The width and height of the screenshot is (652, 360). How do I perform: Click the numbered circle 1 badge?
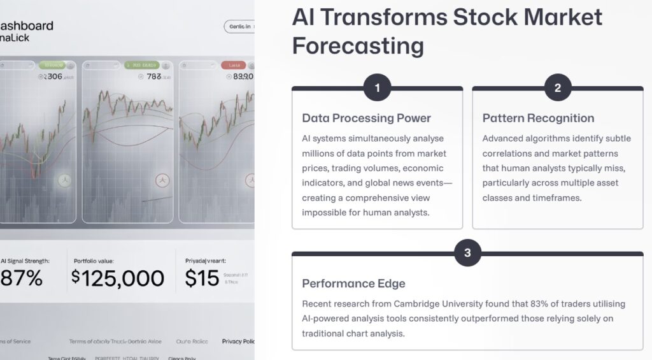(x=377, y=88)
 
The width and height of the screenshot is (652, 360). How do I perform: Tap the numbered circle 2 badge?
(x=558, y=88)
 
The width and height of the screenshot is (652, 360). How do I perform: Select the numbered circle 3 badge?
(x=467, y=253)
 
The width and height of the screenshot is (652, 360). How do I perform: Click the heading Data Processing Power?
(x=366, y=118)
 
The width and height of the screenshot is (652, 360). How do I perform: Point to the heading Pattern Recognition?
(x=538, y=118)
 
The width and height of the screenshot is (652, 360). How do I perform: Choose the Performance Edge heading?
(x=353, y=284)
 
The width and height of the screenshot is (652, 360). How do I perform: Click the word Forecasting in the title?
(x=358, y=46)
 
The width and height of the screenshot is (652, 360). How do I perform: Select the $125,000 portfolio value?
(x=118, y=278)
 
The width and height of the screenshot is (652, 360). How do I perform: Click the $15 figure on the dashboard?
(x=202, y=278)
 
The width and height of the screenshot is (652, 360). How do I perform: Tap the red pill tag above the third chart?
(x=233, y=65)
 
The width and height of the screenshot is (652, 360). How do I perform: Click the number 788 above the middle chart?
(x=153, y=76)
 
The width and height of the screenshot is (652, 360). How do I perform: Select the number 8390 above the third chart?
(x=243, y=76)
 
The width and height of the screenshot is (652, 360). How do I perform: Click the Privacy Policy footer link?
(x=238, y=342)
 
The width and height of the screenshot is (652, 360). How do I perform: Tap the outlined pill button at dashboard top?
(x=240, y=26)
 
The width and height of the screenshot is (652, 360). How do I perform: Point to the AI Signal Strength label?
(x=25, y=261)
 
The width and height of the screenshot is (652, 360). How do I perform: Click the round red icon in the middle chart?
(x=162, y=181)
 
